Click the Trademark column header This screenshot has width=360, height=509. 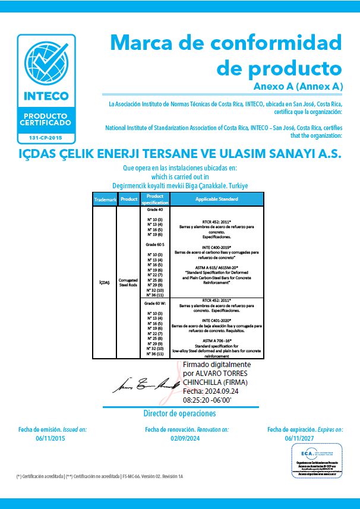tap(105, 200)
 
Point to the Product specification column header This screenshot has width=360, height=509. tap(155, 199)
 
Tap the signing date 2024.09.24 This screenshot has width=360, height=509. tap(225, 391)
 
